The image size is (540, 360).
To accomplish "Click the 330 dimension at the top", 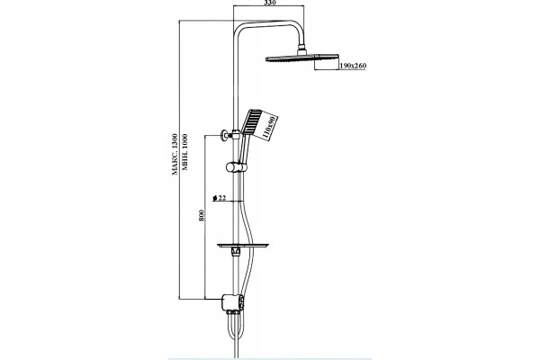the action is tap(270, 3).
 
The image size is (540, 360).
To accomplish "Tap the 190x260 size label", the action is tap(353, 66).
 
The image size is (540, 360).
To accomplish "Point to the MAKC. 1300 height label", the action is tap(175, 154).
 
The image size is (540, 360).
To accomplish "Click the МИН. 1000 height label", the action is tap(184, 152).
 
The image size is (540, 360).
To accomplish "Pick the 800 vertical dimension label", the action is tap(202, 215).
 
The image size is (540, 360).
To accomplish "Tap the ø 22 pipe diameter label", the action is tap(220, 198).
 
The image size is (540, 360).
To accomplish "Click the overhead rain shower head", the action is tap(302, 58).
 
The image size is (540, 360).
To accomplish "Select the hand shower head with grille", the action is tap(251, 122).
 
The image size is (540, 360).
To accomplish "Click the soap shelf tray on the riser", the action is tap(243, 246).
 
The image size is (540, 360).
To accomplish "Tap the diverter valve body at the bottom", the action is tap(233, 302).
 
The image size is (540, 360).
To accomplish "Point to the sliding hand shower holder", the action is tap(236, 167).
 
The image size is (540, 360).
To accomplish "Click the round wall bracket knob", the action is tap(224, 135).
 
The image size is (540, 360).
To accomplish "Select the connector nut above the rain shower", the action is tap(301, 49).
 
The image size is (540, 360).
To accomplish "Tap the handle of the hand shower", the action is tap(243, 148).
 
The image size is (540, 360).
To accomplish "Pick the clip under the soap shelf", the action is tap(236, 252).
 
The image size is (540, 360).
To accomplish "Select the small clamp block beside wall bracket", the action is tap(235, 134).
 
